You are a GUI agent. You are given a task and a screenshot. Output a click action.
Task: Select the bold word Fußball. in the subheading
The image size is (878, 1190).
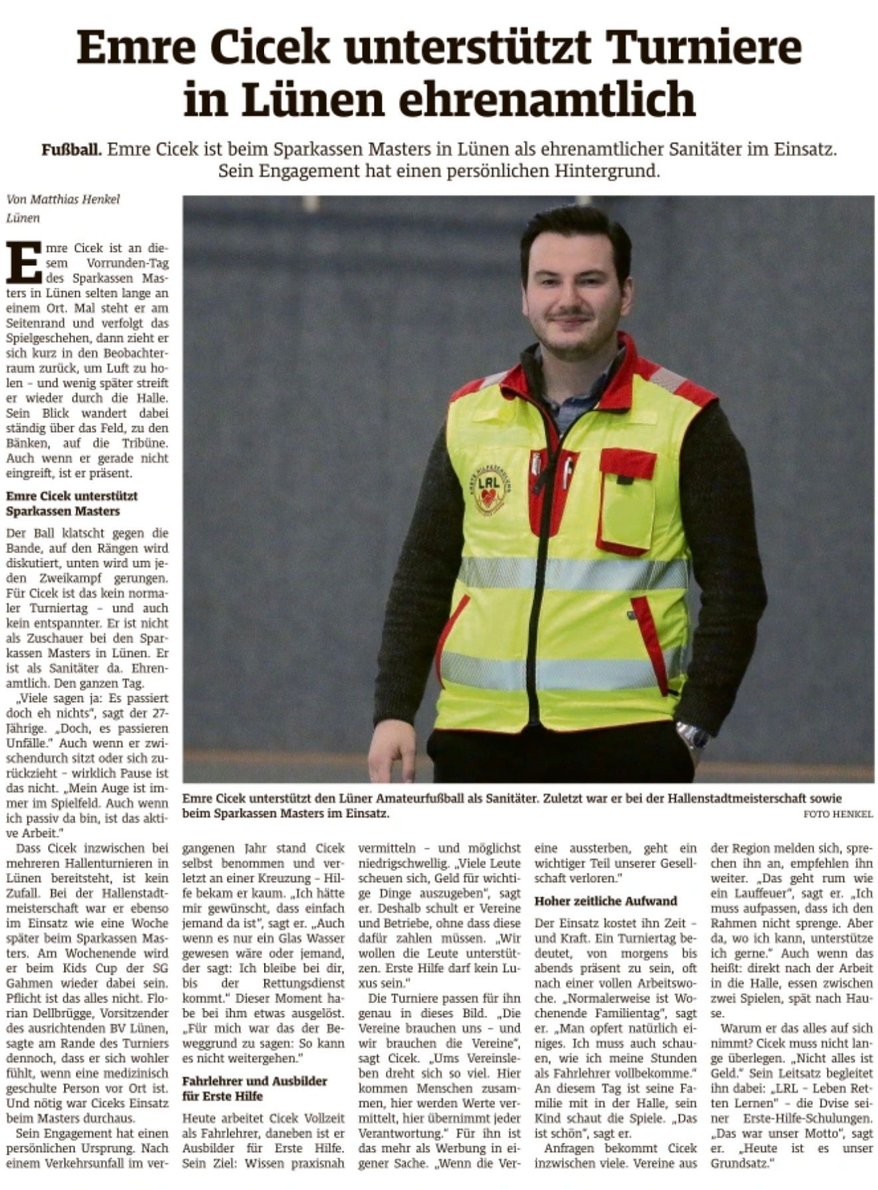click(72, 149)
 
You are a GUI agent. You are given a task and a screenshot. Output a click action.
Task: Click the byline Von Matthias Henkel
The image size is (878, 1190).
click(63, 199)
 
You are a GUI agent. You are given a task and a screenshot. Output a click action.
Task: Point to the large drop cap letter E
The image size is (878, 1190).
click(23, 263)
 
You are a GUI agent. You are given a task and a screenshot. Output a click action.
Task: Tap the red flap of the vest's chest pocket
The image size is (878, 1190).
click(627, 463)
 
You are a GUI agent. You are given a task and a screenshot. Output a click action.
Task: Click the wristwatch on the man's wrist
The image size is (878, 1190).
click(693, 735)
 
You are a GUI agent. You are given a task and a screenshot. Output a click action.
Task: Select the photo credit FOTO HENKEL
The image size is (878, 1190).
click(837, 814)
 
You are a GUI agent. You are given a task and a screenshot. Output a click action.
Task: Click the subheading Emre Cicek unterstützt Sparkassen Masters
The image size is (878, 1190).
click(72, 503)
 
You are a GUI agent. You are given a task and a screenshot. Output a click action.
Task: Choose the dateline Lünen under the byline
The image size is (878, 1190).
click(23, 217)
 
